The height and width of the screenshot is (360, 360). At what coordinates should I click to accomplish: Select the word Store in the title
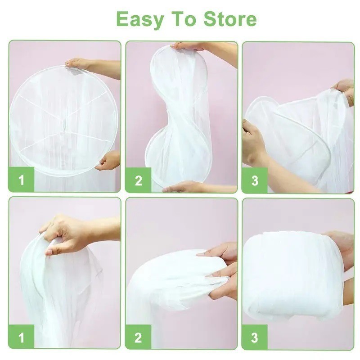click(x=230, y=19)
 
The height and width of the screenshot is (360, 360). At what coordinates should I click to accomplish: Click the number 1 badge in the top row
click(x=21, y=180)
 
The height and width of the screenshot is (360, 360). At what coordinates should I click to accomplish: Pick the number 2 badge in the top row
click(x=138, y=180)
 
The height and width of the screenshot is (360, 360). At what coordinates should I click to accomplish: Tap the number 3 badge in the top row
click(x=255, y=180)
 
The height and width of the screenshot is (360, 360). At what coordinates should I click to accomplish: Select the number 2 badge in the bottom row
click(x=138, y=337)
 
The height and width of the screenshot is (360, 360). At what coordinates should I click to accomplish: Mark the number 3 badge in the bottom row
click(x=255, y=337)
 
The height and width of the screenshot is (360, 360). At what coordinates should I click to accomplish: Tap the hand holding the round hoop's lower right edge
click(x=108, y=161)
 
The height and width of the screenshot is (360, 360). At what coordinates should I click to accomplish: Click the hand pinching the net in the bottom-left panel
click(x=67, y=234)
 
